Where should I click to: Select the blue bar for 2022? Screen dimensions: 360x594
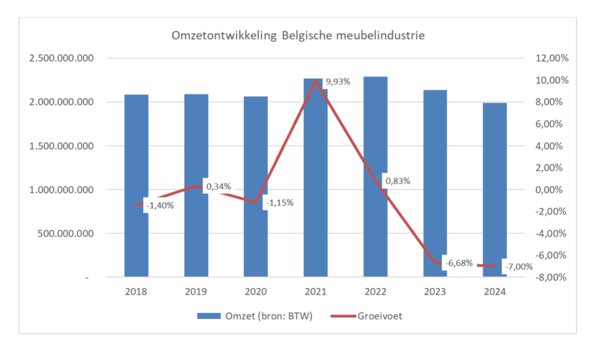(375, 136)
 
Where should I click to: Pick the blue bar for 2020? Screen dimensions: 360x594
(256, 163)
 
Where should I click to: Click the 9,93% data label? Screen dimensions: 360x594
(337, 82)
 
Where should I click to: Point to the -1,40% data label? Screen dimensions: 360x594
(160, 205)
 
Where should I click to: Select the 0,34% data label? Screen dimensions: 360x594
(219, 186)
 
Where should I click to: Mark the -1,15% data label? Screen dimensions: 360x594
(280, 203)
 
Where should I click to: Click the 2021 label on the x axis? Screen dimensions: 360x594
(316, 291)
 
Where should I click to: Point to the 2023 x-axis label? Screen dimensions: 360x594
(435, 291)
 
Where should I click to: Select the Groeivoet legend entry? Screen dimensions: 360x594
(380, 316)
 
